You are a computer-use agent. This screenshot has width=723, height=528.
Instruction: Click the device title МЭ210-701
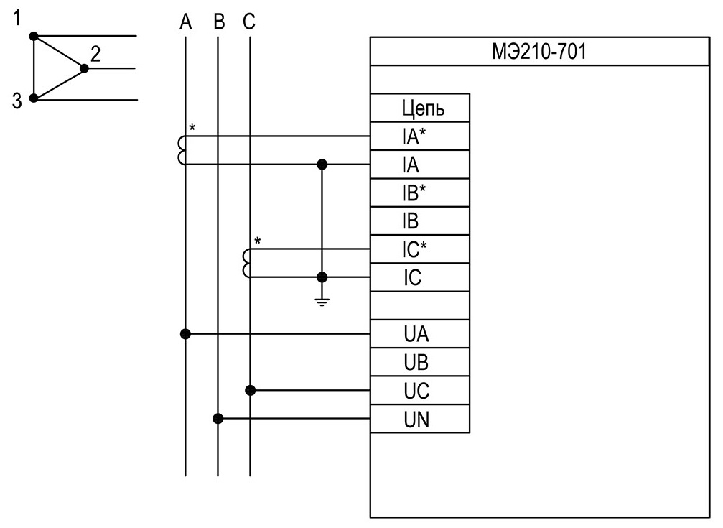pyautogui.click(x=538, y=51)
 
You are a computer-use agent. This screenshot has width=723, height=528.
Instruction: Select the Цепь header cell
pyautogui.click(x=420, y=108)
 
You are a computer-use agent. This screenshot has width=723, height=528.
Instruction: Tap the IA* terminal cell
pyautogui.click(x=420, y=136)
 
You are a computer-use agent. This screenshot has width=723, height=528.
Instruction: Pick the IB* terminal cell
pyautogui.click(x=420, y=193)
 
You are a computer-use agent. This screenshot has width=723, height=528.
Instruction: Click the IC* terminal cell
pyautogui.click(x=420, y=249)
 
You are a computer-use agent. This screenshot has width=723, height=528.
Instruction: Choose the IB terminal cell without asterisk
pyautogui.click(x=420, y=221)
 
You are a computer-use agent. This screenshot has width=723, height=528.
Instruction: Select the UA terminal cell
pyautogui.click(x=420, y=334)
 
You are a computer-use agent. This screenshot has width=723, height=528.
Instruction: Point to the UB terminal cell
pyautogui.click(x=420, y=362)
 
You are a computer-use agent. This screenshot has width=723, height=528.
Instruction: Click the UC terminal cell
pyautogui.click(x=420, y=391)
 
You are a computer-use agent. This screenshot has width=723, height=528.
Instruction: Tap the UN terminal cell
pyautogui.click(x=420, y=419)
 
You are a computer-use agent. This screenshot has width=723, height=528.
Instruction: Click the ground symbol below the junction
pyautogui.click(x=322, y=302)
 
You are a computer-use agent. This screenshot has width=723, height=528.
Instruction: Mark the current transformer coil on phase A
pyautogui.click(x=180, y=150)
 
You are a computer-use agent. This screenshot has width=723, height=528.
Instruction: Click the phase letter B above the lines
pyautogui.click(x=219, y=22)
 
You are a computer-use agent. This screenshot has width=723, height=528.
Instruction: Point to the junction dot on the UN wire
pyautogui.click(x=218, y=419)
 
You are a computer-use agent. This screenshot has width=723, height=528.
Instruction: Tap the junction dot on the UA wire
pyautogui.click(x=185, y=334)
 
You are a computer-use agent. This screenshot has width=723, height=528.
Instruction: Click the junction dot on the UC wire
pyautogui.click(x=250, y=391)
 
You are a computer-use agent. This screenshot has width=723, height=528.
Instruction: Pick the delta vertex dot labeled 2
pyautogui.click(x=84, y=68)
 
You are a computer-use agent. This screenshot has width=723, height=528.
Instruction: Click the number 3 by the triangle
pyautogui.click(x=17, y=101)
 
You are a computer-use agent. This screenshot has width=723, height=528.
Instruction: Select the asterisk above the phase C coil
pyautogui.click(x=258, y=241)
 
